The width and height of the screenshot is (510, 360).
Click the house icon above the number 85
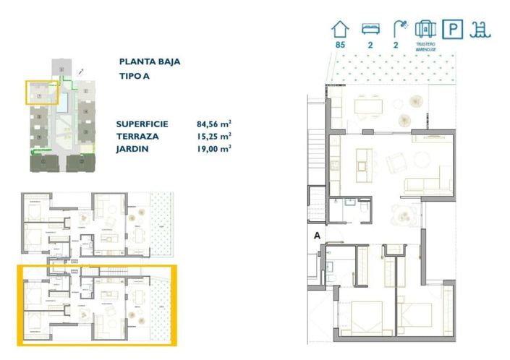tap(340, 29)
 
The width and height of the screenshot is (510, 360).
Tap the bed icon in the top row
tap(370, 29)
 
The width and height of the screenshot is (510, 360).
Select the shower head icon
tap(399, 29)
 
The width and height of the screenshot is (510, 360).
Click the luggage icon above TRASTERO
tap(425, 29)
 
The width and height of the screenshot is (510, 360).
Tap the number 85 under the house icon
tap(340, 45)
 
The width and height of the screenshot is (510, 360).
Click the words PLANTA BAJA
tap(149, 62)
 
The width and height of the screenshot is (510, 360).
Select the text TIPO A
tap(135, 77)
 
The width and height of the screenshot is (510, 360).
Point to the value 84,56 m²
tap(213, 124)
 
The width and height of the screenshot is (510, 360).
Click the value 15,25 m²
tap(213, 136)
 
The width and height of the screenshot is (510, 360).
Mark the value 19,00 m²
tap(213, 148)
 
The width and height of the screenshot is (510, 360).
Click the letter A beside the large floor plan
tap(317, 235)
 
